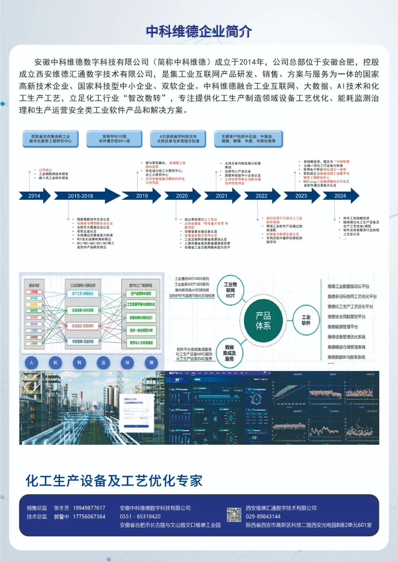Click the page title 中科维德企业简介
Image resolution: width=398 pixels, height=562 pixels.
tap(199, 31)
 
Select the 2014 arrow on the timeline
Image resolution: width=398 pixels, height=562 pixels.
tap(34, 196)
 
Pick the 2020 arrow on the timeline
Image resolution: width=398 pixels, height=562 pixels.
tap(182, 196)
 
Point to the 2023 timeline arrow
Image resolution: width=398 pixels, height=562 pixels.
tap(301, 196)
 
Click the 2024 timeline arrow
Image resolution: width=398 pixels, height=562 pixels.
tap(340, 196)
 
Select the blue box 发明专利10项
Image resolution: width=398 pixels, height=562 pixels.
tap(114, 139)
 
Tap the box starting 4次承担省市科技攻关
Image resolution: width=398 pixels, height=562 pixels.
tap(178, 139)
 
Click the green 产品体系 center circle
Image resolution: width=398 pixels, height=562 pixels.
tap(263, 320)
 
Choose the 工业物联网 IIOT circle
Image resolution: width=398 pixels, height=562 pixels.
tap(230, 290)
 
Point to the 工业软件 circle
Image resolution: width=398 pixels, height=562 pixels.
tap(306, 320)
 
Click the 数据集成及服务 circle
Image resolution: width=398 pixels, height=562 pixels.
tap(229, 353)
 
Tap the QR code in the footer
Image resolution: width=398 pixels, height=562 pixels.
tap(234, 515)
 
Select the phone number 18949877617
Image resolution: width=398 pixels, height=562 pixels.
tap(89, 508)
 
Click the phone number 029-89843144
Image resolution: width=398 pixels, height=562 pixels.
tap(263, 516)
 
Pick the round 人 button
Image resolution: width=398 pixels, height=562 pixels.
tap(32, 363)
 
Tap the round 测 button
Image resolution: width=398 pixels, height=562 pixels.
tap(151, 363)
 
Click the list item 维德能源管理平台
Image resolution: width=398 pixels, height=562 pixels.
tap(343, 327)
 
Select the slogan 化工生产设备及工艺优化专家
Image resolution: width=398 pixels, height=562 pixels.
tap(114, 481)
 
